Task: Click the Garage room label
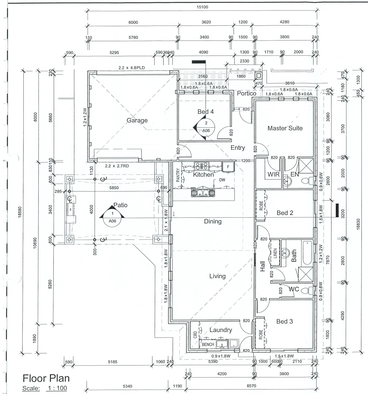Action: [137, 120]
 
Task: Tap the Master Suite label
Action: [285, 128]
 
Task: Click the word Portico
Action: [247, 94]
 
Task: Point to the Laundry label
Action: [221, 330]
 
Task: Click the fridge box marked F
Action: [228, 167]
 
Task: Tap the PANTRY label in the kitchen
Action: [178, 175]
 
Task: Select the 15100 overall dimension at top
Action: [202, 7]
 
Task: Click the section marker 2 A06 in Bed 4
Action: [206, 127]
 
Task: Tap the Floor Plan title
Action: [46, 378]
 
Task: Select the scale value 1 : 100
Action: [57, 388]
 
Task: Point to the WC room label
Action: [294, 289]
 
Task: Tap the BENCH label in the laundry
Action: [208, 344]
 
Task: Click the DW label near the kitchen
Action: [222, 180]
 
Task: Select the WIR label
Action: [273, 175]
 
